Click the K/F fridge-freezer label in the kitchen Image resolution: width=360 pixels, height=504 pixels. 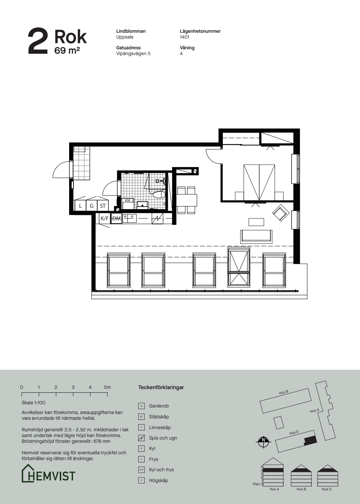coord(104,218)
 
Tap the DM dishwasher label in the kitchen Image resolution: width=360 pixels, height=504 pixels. coord(116,218)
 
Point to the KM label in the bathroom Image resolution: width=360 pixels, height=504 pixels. coord(127,200)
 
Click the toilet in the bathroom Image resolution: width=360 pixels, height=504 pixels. coord(159,194)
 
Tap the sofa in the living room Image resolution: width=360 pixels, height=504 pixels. coord(256,237)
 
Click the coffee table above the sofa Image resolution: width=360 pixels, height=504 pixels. coord(256,222)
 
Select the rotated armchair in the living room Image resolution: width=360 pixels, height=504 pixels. coord(281,212)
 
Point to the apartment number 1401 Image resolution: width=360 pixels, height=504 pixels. coord(184,37)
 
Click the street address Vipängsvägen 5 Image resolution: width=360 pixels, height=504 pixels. coord(134,54)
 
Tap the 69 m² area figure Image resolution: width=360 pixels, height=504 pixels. coord(67,50)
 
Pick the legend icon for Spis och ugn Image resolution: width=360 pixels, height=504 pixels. coord(141,438)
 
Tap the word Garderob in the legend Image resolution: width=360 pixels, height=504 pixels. coord(159,406)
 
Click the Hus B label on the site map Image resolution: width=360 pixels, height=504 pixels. coord(284,392)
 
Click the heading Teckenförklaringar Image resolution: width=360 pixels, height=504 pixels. coord(161,387)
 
